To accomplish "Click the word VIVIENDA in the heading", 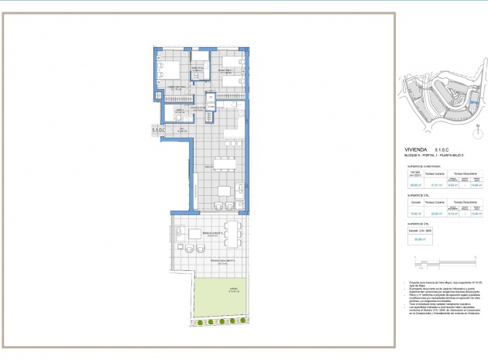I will (416, 149).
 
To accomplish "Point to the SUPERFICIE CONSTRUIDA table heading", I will (424, 166).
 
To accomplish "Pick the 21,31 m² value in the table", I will (436, 185).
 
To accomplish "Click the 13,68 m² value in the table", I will (476, 185).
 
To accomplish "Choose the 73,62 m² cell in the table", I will (414, 214).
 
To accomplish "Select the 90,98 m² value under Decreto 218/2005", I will (418, 239).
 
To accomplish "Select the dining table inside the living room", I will (225, 191).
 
